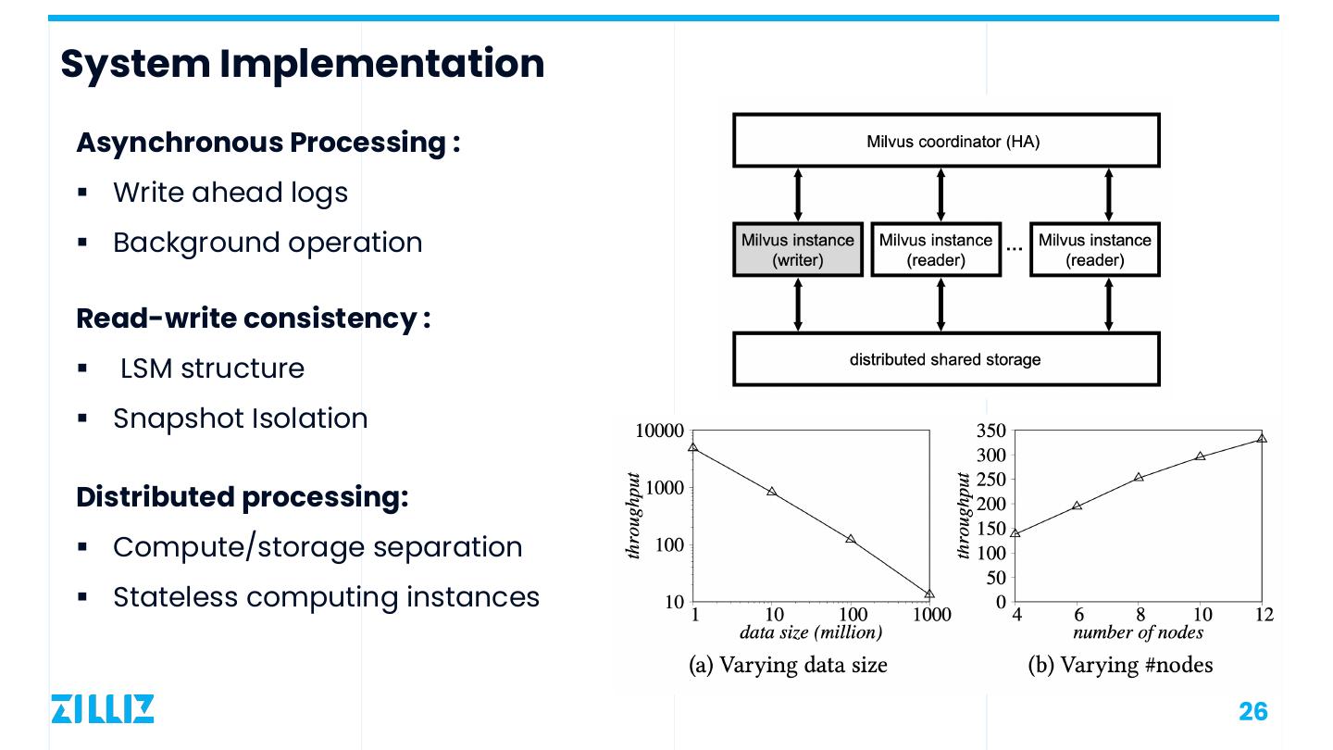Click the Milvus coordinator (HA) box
pyautogui.click(x=946, y=141)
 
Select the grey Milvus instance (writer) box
pyautogui.click(x=798, y=249)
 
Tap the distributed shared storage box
pyautogui.click(x=946, y=359)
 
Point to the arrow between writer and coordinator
pyautogui.click(x=798, y=194)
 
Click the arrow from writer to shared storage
pyautogui.click(x=798, y=304)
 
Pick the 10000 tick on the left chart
pyautogui.click(x=660, y=431)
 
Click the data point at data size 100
pyautogui.click(x=851, y=539)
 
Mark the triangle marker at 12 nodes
pyautogui.click(x=1262, y=438)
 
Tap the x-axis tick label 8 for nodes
pyautogui.click(x=1140, y=614)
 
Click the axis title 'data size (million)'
pyautogui.click(x=811, y=632)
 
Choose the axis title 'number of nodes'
pyautogui.click(x=1138, y=632)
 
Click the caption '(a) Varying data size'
pyautogui.click(x=788, y=665)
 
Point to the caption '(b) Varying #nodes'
pyautogui.click(x=1120, y=665)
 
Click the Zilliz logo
pyautogui.click(x=102, y=708)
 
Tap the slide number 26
pyautogui.click(x=1252, y=711)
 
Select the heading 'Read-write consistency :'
pyautogui.click(x=253, y=319)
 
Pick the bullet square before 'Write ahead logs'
pyautogui.click(x=82, y=193)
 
